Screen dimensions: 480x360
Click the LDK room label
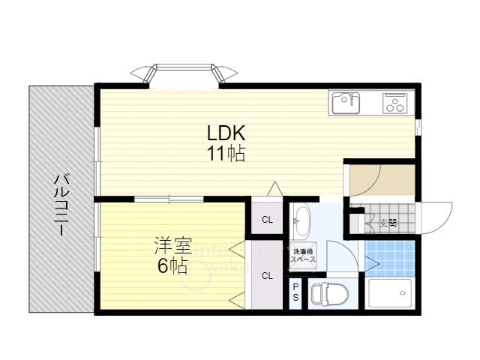pyautogui.click(x=226, y=133)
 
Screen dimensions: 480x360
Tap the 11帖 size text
pyautogui.click(x=226, y=153)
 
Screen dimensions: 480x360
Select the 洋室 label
pyautogui.click(x=173, y=246)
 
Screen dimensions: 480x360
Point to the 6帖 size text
pyautogui.click(x=172, y=266)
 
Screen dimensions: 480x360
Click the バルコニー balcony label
pyautogui.click(x=61, y=205)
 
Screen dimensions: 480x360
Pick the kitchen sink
pyautogui.click(x=346, y=102)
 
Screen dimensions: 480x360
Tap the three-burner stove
pyautogui.click(x=395, y=103)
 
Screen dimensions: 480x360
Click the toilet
pyautogui.click(x=329, y=294)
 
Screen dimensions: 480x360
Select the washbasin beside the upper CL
pyautogui.click(x=301, y=221)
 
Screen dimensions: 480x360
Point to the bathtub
pyautogui.click(x=390, y=293)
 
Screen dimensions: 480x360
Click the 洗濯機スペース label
pyautogui.click(x=303, y=256)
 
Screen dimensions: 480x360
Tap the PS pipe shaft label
pyautogui.click(x=295, y=292)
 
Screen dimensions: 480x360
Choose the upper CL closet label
pyautogui.click(x=267, y=220)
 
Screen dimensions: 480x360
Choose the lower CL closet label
pyautogui.click(x=267, y=276)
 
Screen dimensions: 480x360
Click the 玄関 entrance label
pyautogui.click(x=388, y=223)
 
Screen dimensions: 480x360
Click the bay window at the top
pyautogui.click(x=184, y=73)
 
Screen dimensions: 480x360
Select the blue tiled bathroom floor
pyautogui.click(x=390, y=259)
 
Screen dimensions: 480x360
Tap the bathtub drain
pyautogui.click(x=402, y=293)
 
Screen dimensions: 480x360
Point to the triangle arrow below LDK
pyautogui.click(x=274, y=188)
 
